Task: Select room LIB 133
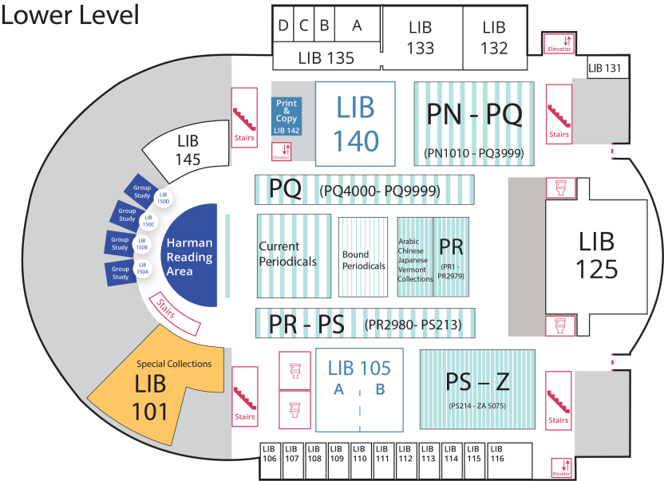click(x=421, y=37)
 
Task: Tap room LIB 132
click(x=494, y=37)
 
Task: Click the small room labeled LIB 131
click(x=604, y=68)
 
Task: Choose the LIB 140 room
click(x=356, y=124)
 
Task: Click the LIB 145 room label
click(x=188, y=150)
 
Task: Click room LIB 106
click(x=270, y=455)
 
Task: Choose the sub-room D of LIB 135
click(x=283, y=25)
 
